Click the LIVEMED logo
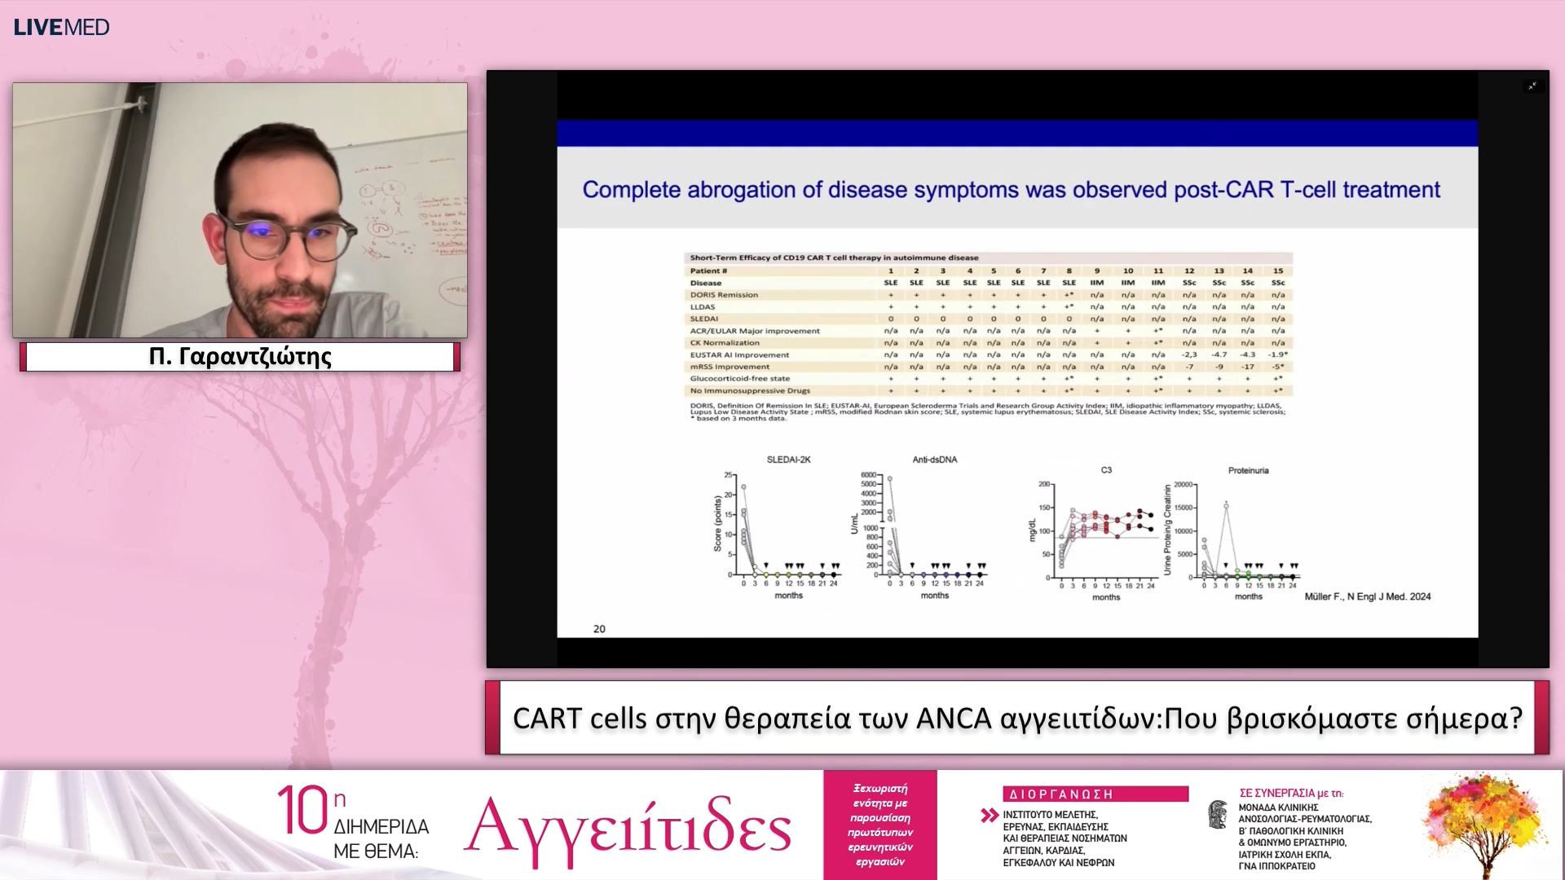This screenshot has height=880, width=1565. [x=61, y=27]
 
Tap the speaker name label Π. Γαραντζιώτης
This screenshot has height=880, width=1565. [x=240, y=357]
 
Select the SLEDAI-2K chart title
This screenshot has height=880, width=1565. [x=788, y=460]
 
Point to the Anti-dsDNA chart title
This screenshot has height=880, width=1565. [x=934, y=460]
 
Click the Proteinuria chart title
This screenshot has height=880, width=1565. [x=1248, y=470]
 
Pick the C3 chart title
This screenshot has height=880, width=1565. [x=1106, y=470]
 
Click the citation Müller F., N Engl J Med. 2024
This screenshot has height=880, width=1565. [x=1367, y=596]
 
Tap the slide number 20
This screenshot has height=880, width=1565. [x=599, y=629]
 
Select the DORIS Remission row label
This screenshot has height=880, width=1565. [x=724, y=295]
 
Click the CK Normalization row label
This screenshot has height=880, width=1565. [x=725, y=342]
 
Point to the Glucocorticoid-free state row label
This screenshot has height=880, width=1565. [x=739, y=378]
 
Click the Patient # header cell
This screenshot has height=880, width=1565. [x=708, y=271]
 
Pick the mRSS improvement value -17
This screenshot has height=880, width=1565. [x=1247, y=367]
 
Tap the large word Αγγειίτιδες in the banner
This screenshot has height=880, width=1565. [x=628, y=826]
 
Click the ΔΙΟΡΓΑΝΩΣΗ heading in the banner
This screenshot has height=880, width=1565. [x=1060, y=794]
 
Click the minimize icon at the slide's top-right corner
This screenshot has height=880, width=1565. [x=1532, y=86]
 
